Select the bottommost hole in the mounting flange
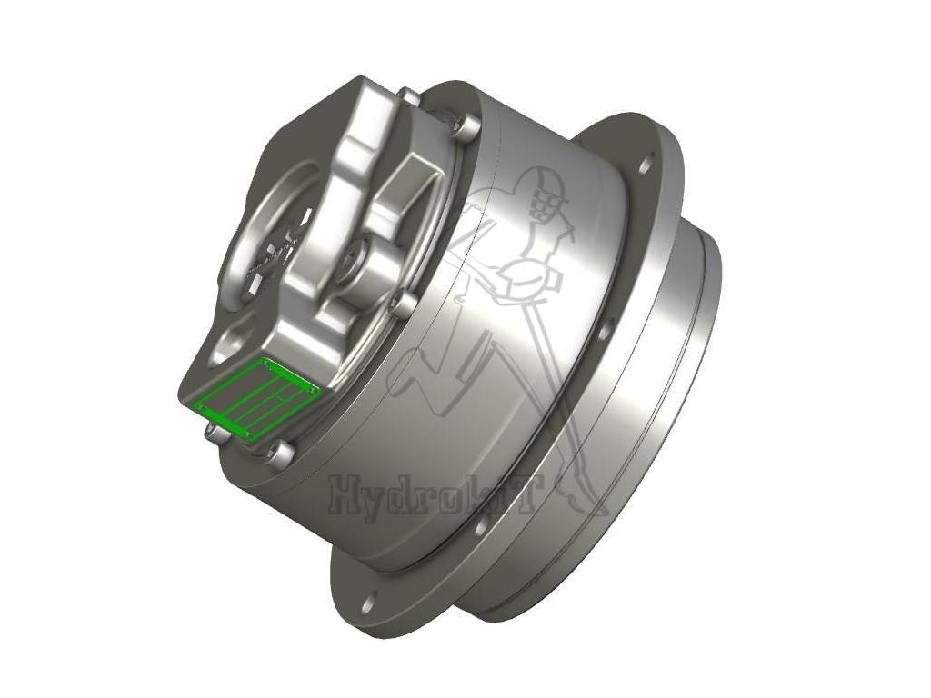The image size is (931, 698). [367, 603]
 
